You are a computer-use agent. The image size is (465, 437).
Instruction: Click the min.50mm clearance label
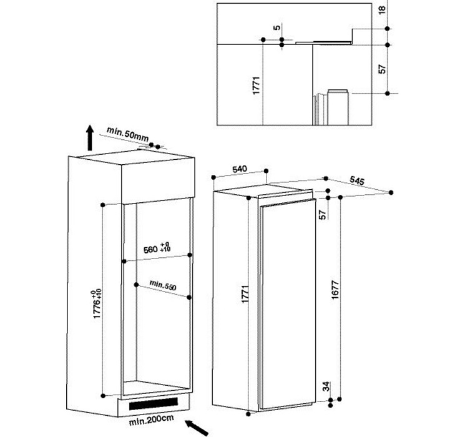tap(127, 134)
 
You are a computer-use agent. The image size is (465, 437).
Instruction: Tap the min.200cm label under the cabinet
tap(151, 420)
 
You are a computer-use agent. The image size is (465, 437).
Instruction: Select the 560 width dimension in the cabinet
tap(157, 248)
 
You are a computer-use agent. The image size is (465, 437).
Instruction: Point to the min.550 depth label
tap(163, 285)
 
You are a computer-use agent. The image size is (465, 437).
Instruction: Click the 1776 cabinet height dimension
tap(97, 303)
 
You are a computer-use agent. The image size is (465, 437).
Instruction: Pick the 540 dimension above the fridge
tap(239, 169)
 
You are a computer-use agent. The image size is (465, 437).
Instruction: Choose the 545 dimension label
tap(357, 180)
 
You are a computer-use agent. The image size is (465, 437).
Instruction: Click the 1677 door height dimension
tap(335, 290)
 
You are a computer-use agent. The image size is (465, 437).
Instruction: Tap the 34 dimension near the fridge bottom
tap(326, 386)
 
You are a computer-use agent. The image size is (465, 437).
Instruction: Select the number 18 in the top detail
tap(382, 9)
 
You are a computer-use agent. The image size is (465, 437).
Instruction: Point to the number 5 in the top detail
tap(277, 27)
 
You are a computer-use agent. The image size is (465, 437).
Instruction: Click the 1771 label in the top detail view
tap(256, 86)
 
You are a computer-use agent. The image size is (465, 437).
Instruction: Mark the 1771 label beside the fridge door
tap(245, 294)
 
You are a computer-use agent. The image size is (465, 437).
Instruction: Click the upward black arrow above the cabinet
tap(90, 138)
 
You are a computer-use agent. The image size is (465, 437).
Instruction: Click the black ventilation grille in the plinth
tap(154, 404)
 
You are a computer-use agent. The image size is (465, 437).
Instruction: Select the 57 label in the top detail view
tap(383, 69)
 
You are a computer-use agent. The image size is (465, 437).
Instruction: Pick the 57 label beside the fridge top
tap(323, 215)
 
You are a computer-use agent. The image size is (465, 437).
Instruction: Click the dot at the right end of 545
tap(391, 192)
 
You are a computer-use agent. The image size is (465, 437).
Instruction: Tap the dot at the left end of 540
tap(213, 177)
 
